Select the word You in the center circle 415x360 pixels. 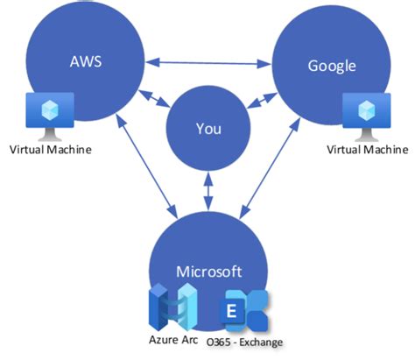(207, 130)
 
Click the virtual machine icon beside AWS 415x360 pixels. (50, 115)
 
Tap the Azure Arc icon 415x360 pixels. (172, 307)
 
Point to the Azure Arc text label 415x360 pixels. (172, 341)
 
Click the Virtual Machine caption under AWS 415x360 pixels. (50, 150)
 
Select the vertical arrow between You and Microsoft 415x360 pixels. (207, 187)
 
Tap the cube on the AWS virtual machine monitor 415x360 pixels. (50, 109)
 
